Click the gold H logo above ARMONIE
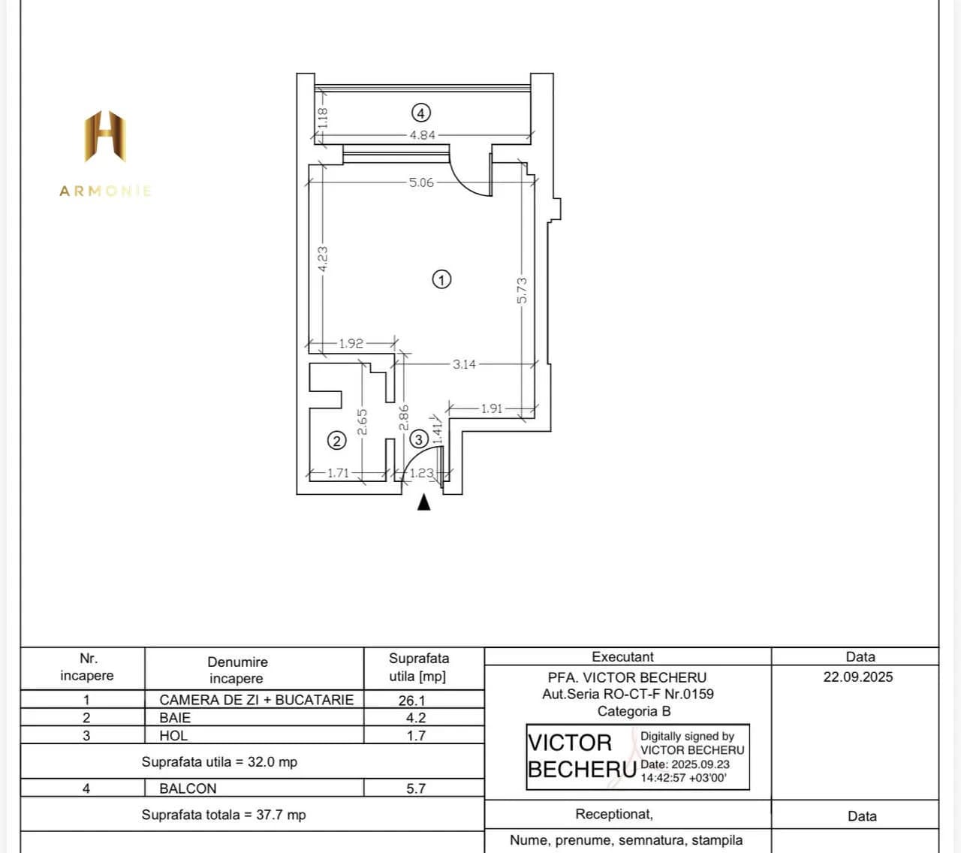tap(105, 136)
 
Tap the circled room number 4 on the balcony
tap(420, 113)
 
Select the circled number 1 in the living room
tap(441, 279)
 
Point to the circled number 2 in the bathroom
tap(337, 441)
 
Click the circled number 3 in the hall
tap(419, 439)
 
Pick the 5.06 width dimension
tap(421, 182)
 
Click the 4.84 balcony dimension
tap(422, 135)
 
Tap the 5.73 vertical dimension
tap(522, 291)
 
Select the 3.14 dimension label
tap(464, 364)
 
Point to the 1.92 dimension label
tap(351, 343)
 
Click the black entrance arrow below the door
tap(423, 502)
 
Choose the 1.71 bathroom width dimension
tap(338, 473)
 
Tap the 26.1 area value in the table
tap(411, 701)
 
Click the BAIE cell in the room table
tap(175, 718)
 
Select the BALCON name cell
tap(188, 788)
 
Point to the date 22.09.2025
tap(858, 677)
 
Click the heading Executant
tap(623, 656)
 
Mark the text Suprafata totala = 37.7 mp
tap(224, 815)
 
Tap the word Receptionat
tap(614, 815)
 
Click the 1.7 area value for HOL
tap(416, 736)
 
